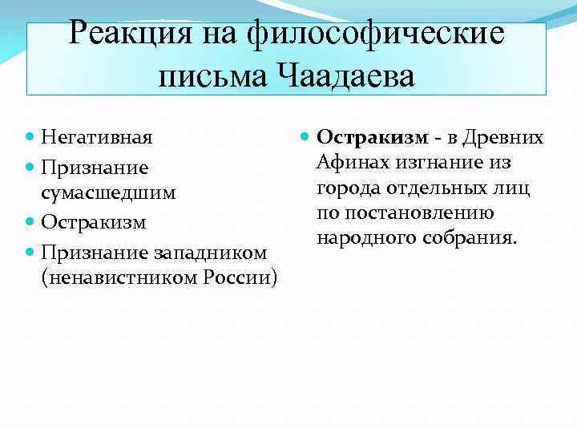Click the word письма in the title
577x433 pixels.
coord(210,78)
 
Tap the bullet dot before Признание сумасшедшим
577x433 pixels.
coord(30,168)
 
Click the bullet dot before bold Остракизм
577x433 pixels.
coord(305,138)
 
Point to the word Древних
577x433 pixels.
coord(512,138)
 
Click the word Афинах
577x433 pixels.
coord(349,164)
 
